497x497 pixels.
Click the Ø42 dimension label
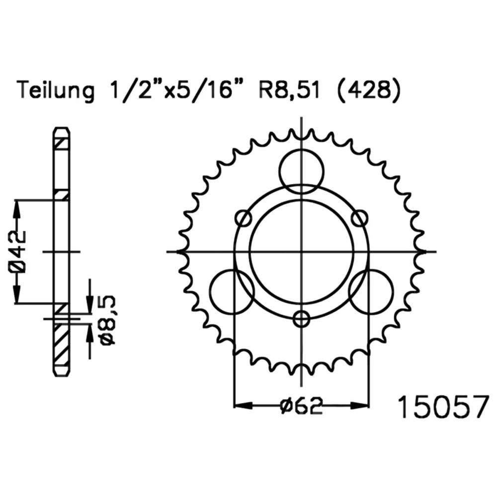pos(18,251)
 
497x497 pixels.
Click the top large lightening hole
pos(302,172)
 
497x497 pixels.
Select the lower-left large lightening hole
pos(232,292)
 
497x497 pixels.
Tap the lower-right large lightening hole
pos(371,292)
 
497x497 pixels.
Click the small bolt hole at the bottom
pos(302,319)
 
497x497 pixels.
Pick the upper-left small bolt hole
pos(244,218)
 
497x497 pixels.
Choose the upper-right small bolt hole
pos(359,218)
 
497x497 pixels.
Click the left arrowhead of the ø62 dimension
pos(243,406)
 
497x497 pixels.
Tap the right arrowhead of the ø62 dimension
pos(360,406)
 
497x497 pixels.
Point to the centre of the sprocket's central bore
pos(302,251)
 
